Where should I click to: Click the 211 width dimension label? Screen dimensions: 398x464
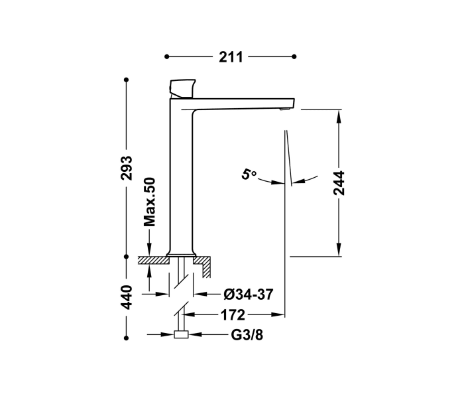click(230, 58)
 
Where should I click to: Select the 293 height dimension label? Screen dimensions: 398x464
click(127, 168)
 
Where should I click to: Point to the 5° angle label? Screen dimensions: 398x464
click(249, 175)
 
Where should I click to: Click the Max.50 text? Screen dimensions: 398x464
click(150, 202)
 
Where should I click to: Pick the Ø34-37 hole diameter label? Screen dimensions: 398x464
click(247, 294)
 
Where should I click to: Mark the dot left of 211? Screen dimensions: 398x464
click(167, 58)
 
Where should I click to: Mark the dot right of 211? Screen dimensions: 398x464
click(294, 58)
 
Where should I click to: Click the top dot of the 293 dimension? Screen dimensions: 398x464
click(127, 80)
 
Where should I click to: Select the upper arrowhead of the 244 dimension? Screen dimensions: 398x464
click(339, 114)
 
